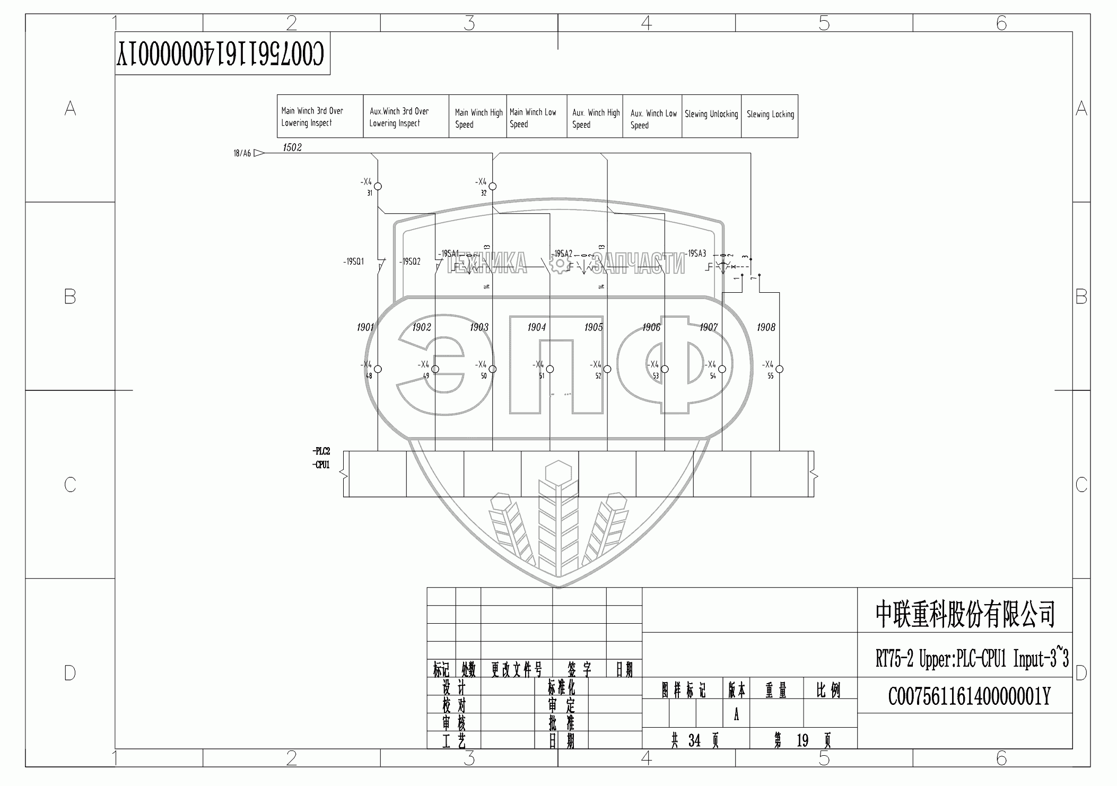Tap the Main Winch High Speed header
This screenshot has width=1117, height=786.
(478, 118)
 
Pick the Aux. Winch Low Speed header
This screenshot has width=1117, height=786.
(653, 119)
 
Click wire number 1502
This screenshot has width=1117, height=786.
(292, 147)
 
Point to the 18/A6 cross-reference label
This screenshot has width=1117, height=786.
(242, 153)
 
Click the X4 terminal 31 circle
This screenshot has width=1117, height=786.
(378, 186)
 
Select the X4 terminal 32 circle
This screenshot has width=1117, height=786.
(493, 186)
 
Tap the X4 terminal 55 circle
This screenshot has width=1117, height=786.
(780, 369)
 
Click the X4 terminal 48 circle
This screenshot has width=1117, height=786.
(378, 369)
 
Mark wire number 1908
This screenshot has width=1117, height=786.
(766, 327)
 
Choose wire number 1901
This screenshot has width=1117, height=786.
(365, 327)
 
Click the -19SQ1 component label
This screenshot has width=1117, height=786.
(353, 261)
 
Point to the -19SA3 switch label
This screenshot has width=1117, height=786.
(696, 254)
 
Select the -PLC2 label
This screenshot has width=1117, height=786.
(321, 451)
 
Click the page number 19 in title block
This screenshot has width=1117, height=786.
(802, 740)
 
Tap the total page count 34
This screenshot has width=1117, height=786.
(694, 740)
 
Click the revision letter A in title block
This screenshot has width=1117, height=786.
(736, 715)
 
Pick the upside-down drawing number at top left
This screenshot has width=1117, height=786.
(222, 54)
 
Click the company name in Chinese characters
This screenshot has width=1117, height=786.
(965, 614)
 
